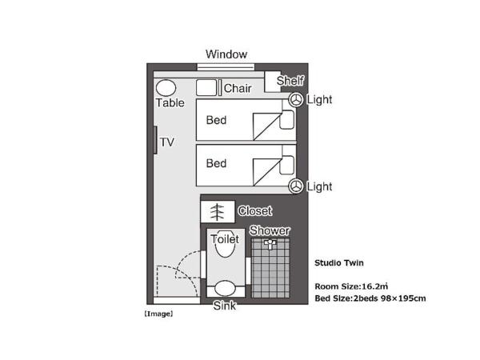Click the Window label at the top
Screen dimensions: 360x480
pyautogui.click(x=226, y=54)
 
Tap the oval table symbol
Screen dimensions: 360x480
pyautogui.click(x=166, y=87)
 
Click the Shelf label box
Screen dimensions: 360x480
pyautogui.click(x=290, y=81)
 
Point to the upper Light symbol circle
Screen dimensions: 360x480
pyautogui.click(x=296, y=100)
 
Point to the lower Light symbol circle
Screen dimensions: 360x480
pyautogui.click(x=296, y=186)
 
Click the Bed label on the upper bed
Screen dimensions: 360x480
pyautogui.click(x=217, y=121)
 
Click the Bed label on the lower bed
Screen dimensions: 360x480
pyautogui.click(x=217, y=163)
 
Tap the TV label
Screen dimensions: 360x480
pyautogui.click(x=167, y=142)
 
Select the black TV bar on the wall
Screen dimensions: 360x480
pyautogui.click(x=155, y=141)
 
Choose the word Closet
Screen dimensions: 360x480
pyautogui.click(x=255, y=211)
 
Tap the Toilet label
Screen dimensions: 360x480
pyautogui.click(x=225, y=238)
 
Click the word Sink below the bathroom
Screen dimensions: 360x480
pyautogui.click(x=225, y=306)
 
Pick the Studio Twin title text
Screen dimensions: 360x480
pyautogui.click(x=338, y=262)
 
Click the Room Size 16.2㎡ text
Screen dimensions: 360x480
pyautogui.click(x=353, y=285)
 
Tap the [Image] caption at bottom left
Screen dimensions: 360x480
pyautogui.click(x=158, y=314)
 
